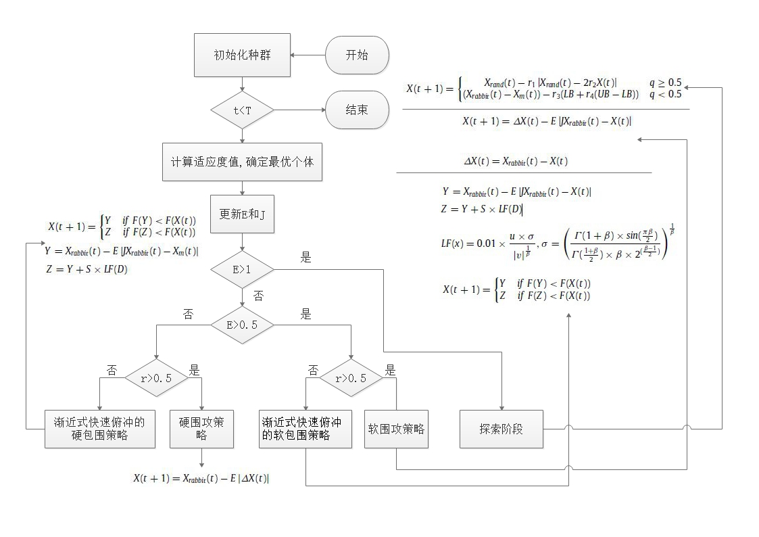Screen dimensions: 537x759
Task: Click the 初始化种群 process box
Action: click(x=242, y=55)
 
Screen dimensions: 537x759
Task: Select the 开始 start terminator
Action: click(x=357, y=55)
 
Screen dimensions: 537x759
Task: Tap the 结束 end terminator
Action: click(x=357, y=110)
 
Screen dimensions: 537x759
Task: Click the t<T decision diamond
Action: click(x=242, y=110)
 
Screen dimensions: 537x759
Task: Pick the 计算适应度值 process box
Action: click(x=242, y=162)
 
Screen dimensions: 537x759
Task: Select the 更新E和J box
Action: click(x=242, y=214)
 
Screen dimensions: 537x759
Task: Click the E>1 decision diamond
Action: click(x=242, y=269)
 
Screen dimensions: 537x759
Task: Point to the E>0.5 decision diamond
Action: click(x=242, y=325)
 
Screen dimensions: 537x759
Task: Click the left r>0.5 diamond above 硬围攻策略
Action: click(x=156, y=378)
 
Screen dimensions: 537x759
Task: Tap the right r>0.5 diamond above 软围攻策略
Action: click(x=352, y=378)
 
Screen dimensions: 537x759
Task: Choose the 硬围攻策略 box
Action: click(x=201, y=429)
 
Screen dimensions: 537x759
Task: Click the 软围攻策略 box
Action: click(x=397, y=429)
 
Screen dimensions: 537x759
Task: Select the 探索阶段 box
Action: click(x=501, y=429)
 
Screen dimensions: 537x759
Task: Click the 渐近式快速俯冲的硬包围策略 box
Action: click(x=99, y=429)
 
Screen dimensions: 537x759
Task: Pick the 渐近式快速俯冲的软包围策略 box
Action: click(x=305, y=429)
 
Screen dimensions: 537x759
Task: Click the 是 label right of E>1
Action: click(x=306, y=258)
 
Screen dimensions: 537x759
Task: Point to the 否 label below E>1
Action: click(x=258, y=296)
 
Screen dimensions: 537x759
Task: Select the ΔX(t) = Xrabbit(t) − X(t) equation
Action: click(x=516, y=162)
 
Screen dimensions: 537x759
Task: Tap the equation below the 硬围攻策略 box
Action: click(x=201, y=478)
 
